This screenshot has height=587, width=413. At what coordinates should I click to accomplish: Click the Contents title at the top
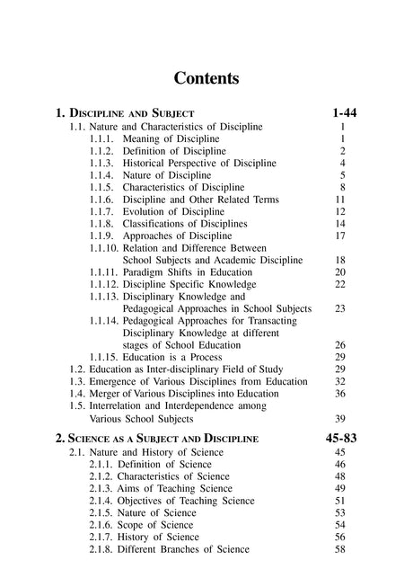(206, 78)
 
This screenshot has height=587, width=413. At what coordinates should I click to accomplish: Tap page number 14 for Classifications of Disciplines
(340, 223)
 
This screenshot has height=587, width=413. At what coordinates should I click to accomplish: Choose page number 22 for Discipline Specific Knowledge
(340, 283)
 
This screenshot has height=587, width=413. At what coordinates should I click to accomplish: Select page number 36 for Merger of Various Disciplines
(340, 393)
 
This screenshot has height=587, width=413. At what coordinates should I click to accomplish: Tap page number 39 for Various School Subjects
(340, 418)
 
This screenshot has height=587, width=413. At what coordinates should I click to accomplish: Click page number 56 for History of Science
(340, 537)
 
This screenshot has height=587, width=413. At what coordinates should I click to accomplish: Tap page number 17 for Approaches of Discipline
(340, 236)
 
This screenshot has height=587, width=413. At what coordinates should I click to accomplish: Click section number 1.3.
(77, 381)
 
